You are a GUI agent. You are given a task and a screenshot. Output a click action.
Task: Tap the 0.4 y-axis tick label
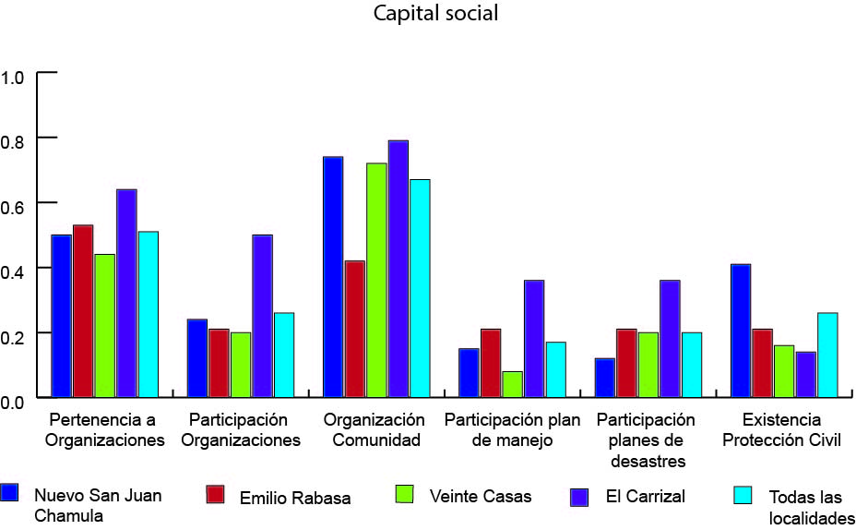point(16,269)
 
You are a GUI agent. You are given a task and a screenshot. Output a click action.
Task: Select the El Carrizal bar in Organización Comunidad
point(398,269)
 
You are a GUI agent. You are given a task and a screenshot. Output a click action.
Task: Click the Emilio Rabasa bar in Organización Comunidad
point(355,329)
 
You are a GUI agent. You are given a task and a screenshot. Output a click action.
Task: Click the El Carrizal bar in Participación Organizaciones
point(263,316)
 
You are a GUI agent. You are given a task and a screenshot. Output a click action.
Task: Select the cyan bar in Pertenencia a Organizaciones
point(149,314)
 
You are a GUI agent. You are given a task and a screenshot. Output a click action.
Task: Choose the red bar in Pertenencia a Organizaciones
point(83,311)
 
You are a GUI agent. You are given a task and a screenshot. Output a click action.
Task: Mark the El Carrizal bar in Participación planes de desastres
point(670,338)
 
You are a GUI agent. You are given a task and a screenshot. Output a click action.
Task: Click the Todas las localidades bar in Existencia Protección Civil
point(827,355)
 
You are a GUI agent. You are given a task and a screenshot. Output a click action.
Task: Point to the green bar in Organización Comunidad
point(376,280)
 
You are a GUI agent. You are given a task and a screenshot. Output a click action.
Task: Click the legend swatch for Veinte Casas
point(402,494)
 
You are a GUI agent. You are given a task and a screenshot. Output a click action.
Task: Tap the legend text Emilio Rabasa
point(295,498)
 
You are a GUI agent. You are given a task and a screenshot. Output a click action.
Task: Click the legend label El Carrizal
point(645,497)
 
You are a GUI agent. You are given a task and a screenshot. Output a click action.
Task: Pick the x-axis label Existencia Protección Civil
point(781,430)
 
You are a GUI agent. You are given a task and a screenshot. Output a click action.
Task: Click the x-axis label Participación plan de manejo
point(512,430)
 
